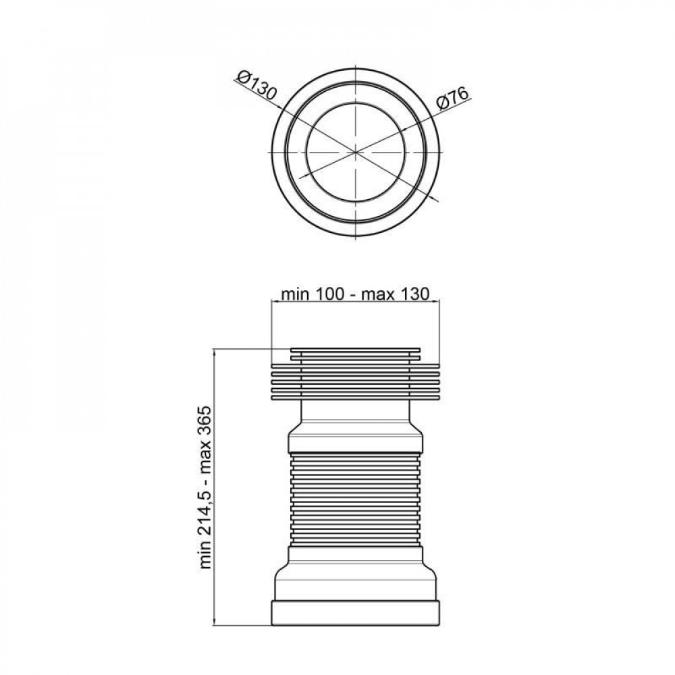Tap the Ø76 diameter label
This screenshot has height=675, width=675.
(x=453, y=99)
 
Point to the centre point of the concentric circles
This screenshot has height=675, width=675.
(x=356, y=153)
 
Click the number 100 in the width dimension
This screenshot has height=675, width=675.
(x=330, y=294)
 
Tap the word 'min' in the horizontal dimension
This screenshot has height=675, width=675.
(x=295, y=294)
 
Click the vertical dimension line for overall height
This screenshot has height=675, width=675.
(x=214, y=486)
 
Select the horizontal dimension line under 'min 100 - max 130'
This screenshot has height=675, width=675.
(x=356, y=304)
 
